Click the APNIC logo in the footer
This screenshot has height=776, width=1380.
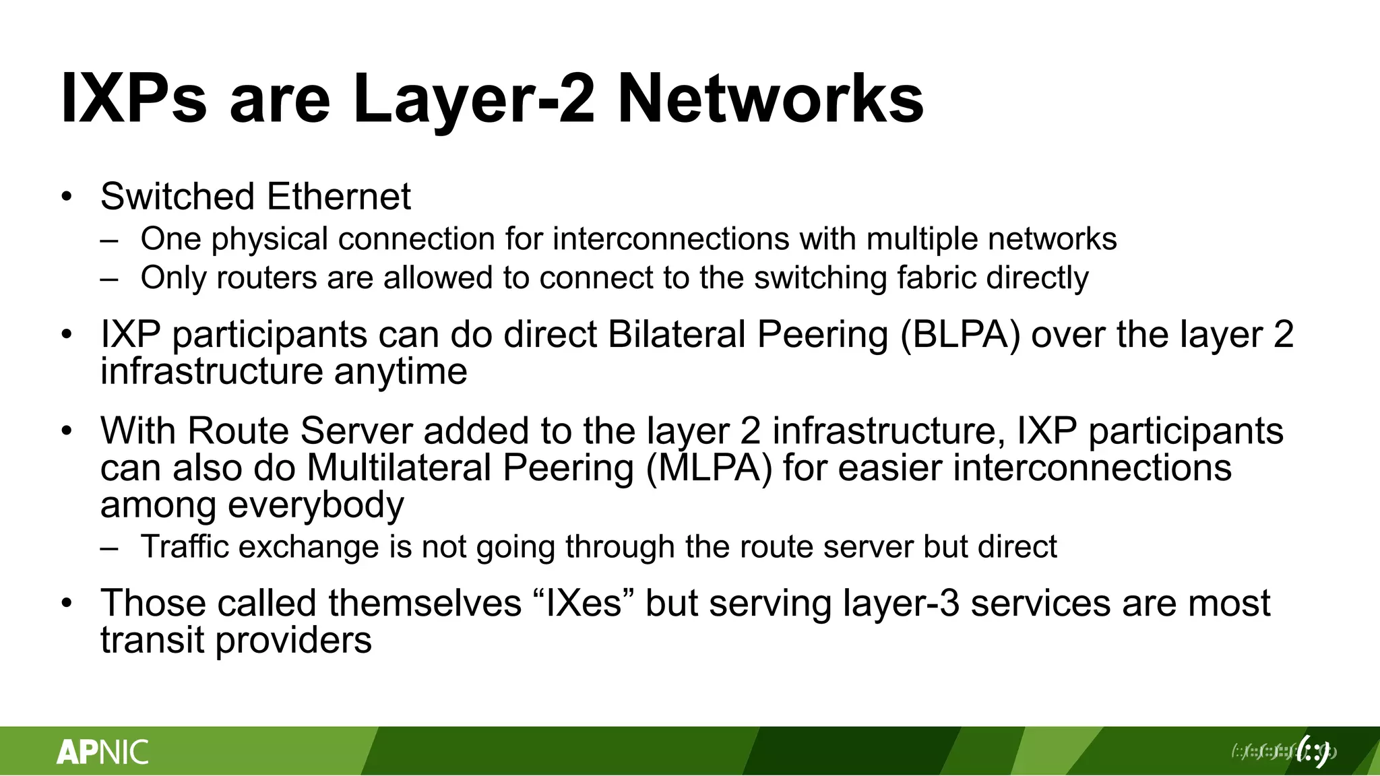click(x=102, y=752)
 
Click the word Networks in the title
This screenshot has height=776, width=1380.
click(x=770, y=99)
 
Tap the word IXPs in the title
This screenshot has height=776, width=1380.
click(x=133, y=99)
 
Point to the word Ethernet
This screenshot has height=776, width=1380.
click(x=338, y=197)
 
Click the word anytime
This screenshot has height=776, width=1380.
click(x=400, y=371)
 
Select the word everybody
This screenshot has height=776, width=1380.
click(x=316, y=505)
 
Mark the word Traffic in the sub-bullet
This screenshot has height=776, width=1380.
click(x=185, y=546)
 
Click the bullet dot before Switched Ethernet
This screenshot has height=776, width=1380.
click(x=66, y=197)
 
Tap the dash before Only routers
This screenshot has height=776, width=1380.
click(x=109, y=278)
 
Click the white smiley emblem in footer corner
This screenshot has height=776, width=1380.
click(x=1314, y=751)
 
